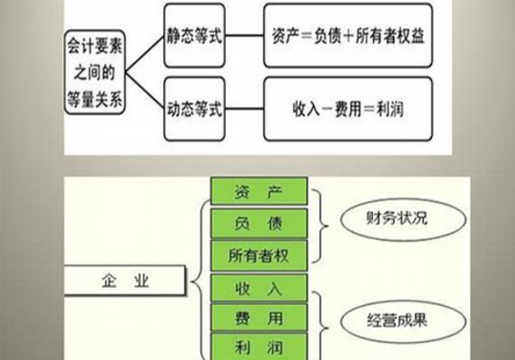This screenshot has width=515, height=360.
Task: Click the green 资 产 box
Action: point(259,191)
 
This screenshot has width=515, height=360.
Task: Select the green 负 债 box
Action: point(259,222)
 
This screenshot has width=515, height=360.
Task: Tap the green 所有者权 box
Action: point(259,253)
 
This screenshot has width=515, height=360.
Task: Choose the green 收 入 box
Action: point(259,288)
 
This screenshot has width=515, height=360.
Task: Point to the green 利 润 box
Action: point(259,347)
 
